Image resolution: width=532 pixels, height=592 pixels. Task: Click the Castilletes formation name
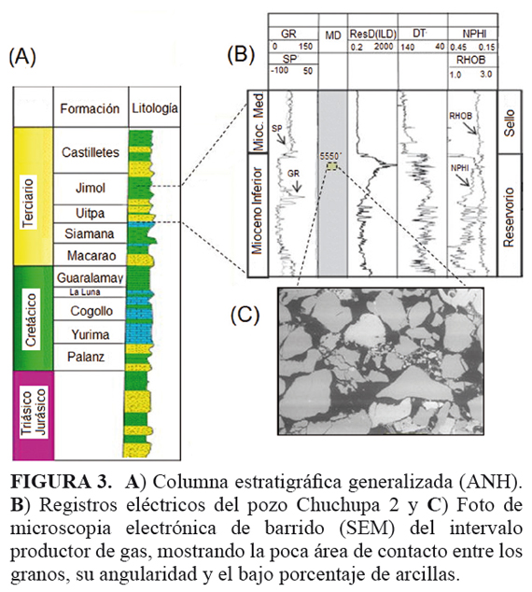point(91,152)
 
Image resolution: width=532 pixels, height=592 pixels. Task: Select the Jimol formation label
point(91,188)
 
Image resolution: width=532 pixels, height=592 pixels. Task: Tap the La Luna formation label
point(85,292)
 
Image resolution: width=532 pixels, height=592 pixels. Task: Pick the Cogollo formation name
point(91,311)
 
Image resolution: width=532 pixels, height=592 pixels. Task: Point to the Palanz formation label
point(86,357)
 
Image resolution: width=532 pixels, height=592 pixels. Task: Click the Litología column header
point(155,108)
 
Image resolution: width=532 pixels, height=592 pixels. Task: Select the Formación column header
point(90,108)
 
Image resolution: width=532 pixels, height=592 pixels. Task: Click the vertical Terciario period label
point(28,203)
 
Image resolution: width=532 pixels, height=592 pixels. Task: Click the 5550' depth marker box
point(332,166)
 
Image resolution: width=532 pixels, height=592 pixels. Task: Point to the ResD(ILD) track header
point(372,35)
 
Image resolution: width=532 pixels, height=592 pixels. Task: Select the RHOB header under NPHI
point(470,60)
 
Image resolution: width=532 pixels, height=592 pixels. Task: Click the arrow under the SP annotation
point(281,139)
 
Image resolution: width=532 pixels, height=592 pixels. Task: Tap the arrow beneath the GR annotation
point(296,185)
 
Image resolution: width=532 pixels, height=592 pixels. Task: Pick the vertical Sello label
point(509,122)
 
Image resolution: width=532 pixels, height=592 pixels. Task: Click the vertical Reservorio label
point(509,217)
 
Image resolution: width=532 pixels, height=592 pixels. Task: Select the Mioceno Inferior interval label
point(257,211)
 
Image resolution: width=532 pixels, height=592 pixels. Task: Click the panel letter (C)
point(245,315)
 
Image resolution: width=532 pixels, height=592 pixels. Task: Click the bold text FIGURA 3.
point(61,482)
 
